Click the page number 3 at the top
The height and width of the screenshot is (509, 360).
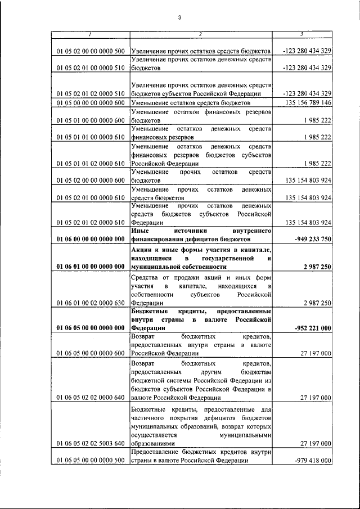[179, 18]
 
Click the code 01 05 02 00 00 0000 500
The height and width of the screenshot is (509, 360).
[90, 51]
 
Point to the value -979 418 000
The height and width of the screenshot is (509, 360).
[312, 460]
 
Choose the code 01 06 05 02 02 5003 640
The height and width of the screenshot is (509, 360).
[90, 443]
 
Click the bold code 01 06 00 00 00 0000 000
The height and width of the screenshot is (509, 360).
[90, 239]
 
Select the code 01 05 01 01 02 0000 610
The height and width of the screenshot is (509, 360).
[90, 163]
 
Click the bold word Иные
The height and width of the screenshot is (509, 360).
[141, 231]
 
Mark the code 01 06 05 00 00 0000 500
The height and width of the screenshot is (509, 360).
[90, 460]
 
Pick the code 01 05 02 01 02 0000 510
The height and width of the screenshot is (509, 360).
[90, 93]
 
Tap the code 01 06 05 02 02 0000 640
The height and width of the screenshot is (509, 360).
[90, 397]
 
